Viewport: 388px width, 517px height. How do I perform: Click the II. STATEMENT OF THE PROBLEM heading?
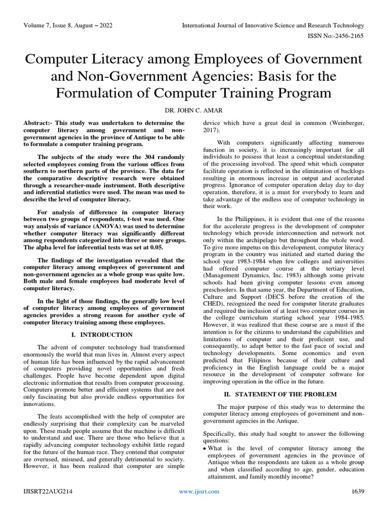coord(283,393)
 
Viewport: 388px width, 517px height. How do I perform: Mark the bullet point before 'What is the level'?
coord(204,448)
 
